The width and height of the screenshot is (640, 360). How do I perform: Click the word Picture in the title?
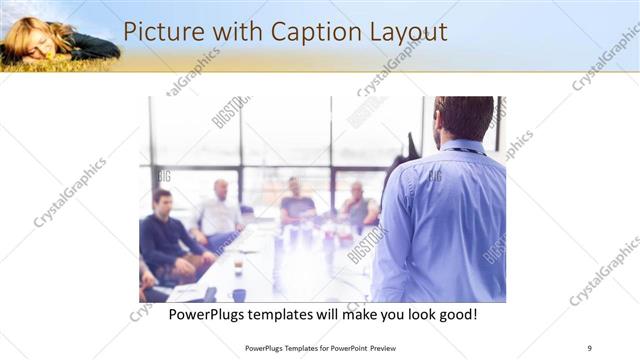(x=161, y=32)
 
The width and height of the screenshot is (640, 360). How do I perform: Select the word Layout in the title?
(x=405, y=32)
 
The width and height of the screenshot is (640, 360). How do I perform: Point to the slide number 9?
(x=590, y=348)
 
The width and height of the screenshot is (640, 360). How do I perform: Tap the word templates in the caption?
(x=290, y=315)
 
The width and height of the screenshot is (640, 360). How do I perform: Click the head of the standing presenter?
(x=463, y=118)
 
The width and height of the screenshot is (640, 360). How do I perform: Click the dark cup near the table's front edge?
(x=238, y=294)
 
